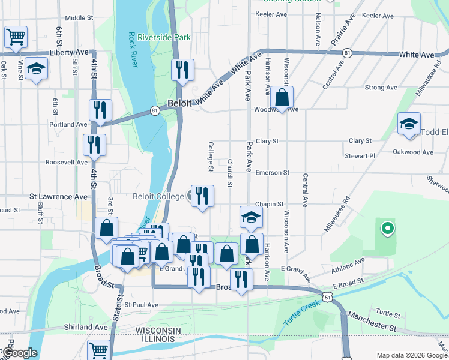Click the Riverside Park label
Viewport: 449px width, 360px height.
coord(164,37)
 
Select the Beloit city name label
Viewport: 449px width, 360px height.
coord(179,103)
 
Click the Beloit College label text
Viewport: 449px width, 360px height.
coord(158,196)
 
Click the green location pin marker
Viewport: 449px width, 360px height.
coord(387,228)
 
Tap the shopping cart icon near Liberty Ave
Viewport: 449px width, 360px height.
coord(16,36)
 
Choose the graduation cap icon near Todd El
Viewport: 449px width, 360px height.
coord(409,124)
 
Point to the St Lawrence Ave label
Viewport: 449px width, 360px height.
coord(59,196)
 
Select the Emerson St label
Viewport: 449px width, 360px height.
coord(272,172)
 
